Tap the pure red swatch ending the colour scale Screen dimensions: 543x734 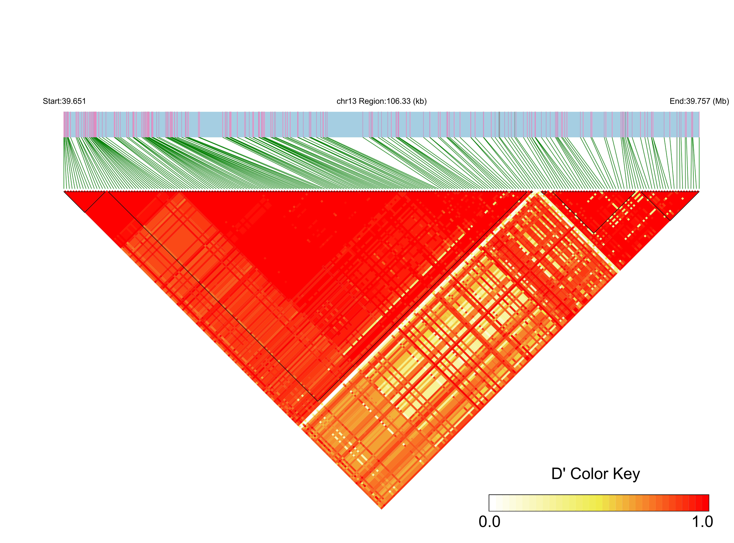pyautogui.click(x=705, y=503)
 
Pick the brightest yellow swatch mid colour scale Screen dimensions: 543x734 pyautogui.click(x=599, y=503)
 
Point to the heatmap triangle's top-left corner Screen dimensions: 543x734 pyautogui.click(x=64, y=191)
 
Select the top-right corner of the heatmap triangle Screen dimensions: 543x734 pyautogui.click(x=699, y=191)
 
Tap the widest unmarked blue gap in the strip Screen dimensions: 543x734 pyautogui.click(x=345, y=124)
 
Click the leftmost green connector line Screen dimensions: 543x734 pyautogui.click(x=64, y=164)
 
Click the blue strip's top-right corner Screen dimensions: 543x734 pyautogui.click(x=699, y=112)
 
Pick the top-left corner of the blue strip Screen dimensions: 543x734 pyautogui.click(x=64, y=112)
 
